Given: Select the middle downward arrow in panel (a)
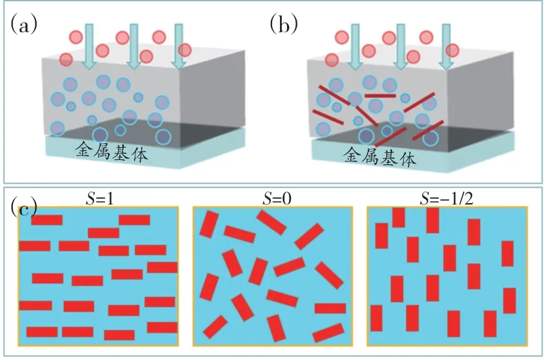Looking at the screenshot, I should pyautogui.click(x=134, y=45).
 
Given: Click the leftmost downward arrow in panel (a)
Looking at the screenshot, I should pyautogui.click(x=89, y=45).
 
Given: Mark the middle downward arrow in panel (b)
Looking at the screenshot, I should pyautogui.click(x=400, y=45).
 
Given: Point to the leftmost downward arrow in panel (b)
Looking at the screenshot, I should pyautogui.click(x=355, y=45).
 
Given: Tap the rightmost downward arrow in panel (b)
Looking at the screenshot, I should pyautogui.click(x=445, y=45).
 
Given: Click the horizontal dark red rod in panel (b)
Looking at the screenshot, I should pyautogui.click(x=379, y=95).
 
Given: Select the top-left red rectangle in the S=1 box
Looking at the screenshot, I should pyautogui.click(x=47, y=220).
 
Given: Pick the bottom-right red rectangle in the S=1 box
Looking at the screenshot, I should pyautogui.click(x=161, y=327).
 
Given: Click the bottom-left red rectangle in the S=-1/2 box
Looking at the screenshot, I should pyautogui.click(x=376, y=317).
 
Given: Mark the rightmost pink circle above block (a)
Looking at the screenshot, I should pyautogui.click(x=185, y=50).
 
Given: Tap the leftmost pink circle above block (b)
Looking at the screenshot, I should pyautogui.click(x=332, y=60).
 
